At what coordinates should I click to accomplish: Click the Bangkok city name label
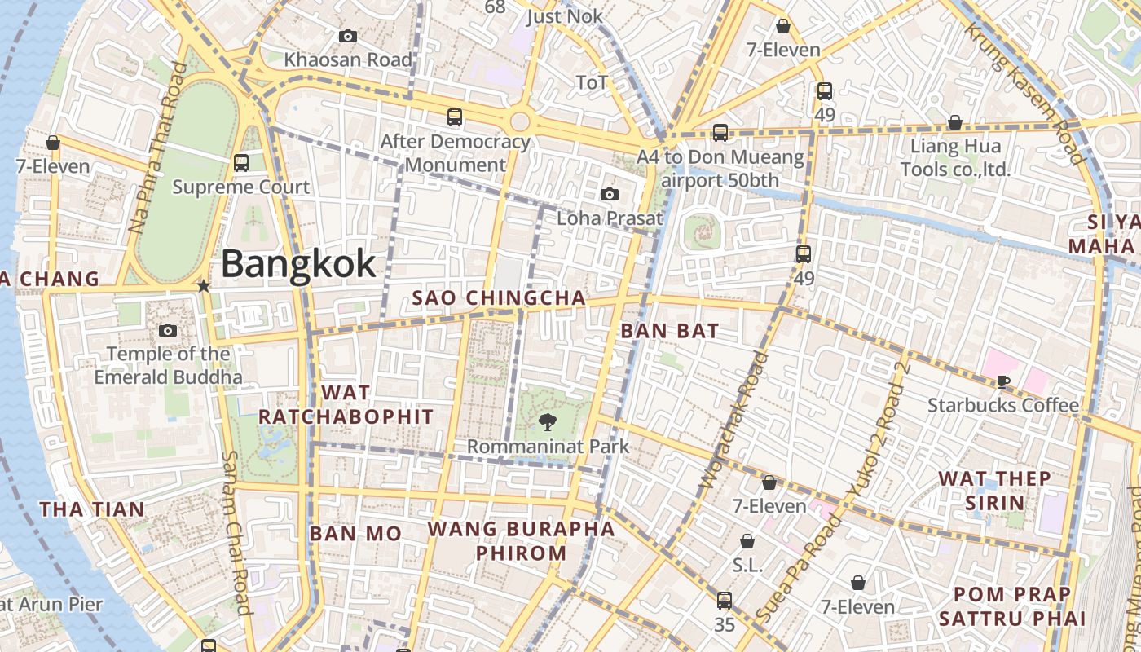pyautogui.click(x=298, y=264)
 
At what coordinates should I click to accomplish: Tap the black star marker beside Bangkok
pyautogui.click(x=204, y=287)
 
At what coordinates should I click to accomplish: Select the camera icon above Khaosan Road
pyautogui.click(x=348, y=36)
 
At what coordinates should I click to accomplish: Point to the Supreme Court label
pyautogui.click(x=241, y=187)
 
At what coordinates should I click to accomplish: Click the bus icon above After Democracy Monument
pyautogui.click(x=455, y=117)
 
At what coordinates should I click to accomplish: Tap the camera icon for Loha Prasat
pyautogui.click(x=609, y=194)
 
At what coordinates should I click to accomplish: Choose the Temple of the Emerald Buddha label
pyautogui.click(x=168, y=365)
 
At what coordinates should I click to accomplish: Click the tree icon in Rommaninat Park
pyautogui.click(x=548, y=422)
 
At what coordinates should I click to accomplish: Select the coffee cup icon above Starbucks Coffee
pyautogui.click(x=1003, y=381)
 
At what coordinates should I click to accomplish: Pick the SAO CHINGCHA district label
pyautogui.click(x=499, y=298)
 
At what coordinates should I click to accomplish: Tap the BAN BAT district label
pyautogui.click(x=670, y=331)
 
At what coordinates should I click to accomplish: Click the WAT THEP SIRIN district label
pyautogui.click(x=994, y=490)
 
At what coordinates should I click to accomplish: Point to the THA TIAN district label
pyautogui.click(x=92, y=510)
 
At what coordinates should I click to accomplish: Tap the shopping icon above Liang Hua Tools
pyautogui.click(x=955, y=123)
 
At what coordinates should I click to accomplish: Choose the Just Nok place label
pyautogui.click(x=565, y=16)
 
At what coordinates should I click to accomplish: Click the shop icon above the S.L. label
pyautogui.click(x=747, y=541)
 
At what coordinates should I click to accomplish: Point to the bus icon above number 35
pyautogui.click(x=725, y=601)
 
